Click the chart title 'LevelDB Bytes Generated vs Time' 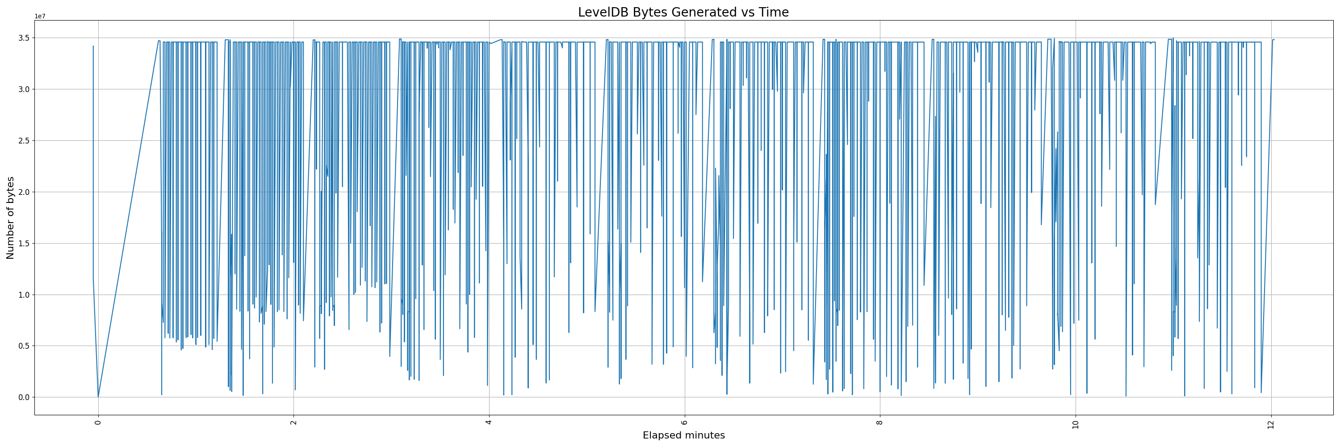[x=683, y=13]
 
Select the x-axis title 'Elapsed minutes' [x=683, y=435]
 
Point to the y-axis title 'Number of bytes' [x=10, y=218]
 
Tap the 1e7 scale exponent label [x=40, y=16]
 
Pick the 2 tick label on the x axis [x=294, y=422]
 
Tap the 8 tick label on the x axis [x=880, y=422]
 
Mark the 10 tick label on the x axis [x=1076, y=423]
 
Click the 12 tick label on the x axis [x=1271, y=423]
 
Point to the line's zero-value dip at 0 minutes [x=98, y=396]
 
